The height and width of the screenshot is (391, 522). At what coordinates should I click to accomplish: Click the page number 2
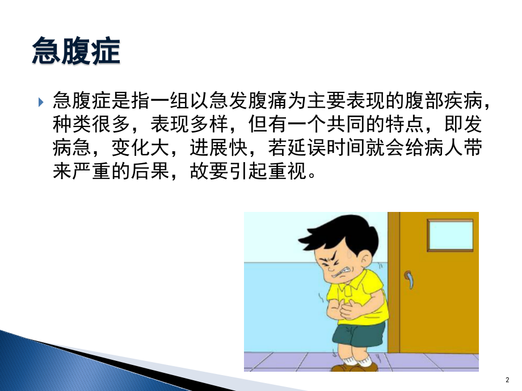click(507, 379)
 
